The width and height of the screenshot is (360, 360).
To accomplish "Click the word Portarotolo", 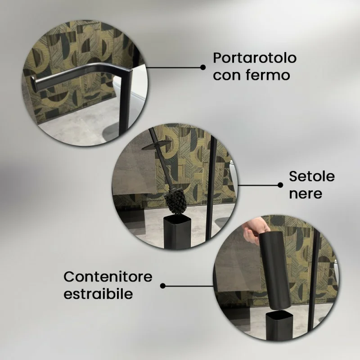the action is (255, 58).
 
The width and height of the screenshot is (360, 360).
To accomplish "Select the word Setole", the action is (311, 176).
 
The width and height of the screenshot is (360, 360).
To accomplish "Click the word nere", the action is (306, 194).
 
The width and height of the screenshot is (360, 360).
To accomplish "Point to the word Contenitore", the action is (108, 277).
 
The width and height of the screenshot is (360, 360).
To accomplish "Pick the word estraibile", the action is (98, 294).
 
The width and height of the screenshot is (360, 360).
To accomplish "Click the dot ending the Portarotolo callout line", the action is (203, 67).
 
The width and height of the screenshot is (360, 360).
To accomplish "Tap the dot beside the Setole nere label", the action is (280, 185).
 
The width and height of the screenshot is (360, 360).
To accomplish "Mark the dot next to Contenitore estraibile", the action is (162, 286).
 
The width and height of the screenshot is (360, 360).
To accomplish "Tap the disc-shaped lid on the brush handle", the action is (157, 145).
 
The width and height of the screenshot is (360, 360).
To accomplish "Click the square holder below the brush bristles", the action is (177, 232).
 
